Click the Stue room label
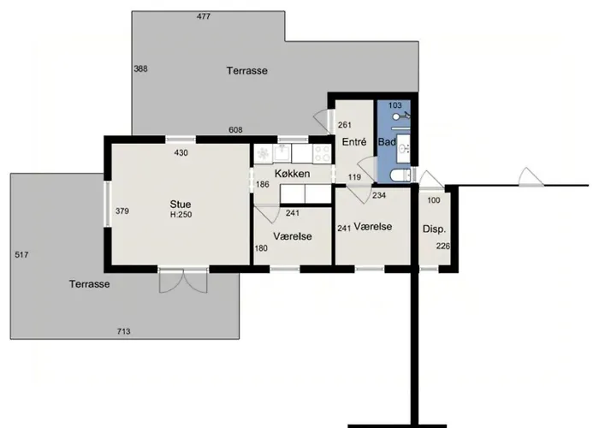click(x=181, y=204)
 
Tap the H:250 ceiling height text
click(x=181, y=214)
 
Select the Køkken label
click(x=293, y=174)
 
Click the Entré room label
click(x=354, y=142)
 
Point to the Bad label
click(x=387, y=142)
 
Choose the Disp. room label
click(x=435, y=229)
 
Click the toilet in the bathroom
click(x=400, y=175)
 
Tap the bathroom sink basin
click(x=403, y=147)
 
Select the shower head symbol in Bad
click(x=401, y=115)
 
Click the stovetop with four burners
click(x=322, y=154)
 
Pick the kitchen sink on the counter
click(x=282, y=153)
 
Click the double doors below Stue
click(x=183, y=282)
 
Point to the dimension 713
click(x=123, y=331)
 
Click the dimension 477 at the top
click(x=204, y=16)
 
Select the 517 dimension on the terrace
click(x=21, y=254)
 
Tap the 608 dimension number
click(x=235, y=130)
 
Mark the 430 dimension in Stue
click(x=181, y=153)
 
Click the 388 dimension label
click(x=140, y=68)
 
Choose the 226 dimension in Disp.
click(x=443, y=247)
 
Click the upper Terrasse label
click(x=246, y=71)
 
